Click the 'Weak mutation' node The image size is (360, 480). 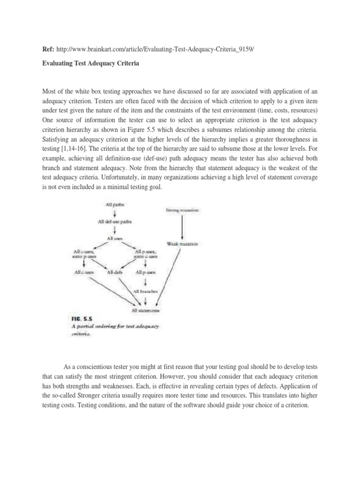pos(182,244)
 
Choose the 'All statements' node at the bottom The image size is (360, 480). pos(144,310)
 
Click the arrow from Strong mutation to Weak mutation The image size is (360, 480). pos(182,227)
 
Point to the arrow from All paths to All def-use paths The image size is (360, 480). pos(115,213)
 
